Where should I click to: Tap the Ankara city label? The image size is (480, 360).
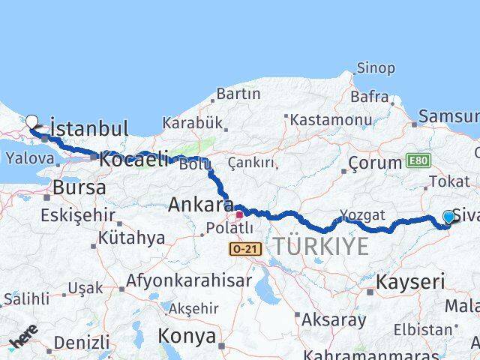(x=200, y=204)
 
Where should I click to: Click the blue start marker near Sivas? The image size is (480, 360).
(x=448, y=217)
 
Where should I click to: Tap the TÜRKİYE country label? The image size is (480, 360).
(x=320, y=245)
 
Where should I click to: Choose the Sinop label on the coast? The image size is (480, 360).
(x=376, y=68)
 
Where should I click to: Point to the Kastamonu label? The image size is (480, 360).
(x=325, y=119)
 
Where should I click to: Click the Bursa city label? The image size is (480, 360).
(x=79, y=187)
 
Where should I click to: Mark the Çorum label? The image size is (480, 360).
(x=376, y=162)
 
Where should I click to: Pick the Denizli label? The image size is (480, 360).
(x=82, y=342)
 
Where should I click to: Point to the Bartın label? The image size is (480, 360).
(x=238, y=94)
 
